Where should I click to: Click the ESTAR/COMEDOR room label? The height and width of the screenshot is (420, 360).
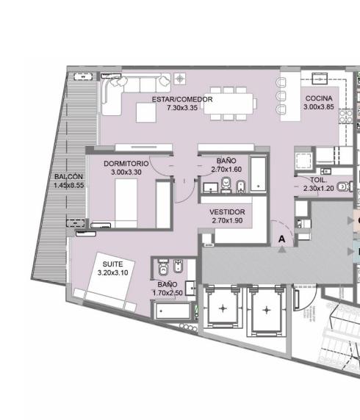pos(182,99)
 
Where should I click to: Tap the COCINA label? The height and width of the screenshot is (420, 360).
pos(319,98)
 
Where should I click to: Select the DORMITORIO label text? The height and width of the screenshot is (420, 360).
pos(126,164)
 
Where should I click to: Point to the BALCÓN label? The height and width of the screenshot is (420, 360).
pos(68,176)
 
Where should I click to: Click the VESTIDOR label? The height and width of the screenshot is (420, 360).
pos(227,212)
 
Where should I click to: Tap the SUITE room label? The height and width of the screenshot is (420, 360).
pos(112,264)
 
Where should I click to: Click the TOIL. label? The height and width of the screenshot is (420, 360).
pos(318,180)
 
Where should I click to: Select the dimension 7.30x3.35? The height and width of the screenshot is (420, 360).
pos(182,108)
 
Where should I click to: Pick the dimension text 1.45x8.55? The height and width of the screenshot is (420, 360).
pos(68,185)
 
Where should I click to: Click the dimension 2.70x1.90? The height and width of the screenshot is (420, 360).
pos(227,220)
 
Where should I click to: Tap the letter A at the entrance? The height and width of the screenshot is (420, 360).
pos(281,239)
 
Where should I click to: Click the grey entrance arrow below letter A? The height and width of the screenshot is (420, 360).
pos(281,250)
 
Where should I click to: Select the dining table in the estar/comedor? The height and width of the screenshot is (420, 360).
pos(228,103)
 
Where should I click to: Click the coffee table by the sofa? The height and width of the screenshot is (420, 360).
pos(146,112)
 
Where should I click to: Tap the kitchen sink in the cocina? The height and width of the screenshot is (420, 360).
pos(320,79)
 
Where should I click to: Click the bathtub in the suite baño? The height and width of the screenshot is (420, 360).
pos(173,311)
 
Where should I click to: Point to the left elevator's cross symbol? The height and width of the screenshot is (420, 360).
pos(223,308)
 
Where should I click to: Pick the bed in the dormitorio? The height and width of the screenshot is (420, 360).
pos(126,203)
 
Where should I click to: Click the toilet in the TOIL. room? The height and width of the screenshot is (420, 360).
pos(343,187)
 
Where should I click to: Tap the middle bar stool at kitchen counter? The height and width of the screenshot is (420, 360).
pos(281,95)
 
